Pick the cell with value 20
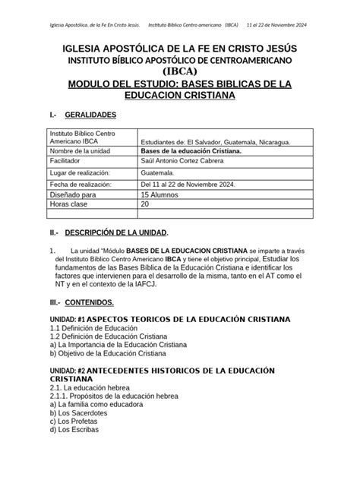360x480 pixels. click(x=145, y=204)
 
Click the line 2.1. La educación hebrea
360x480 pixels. click(x=90, y=387)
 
